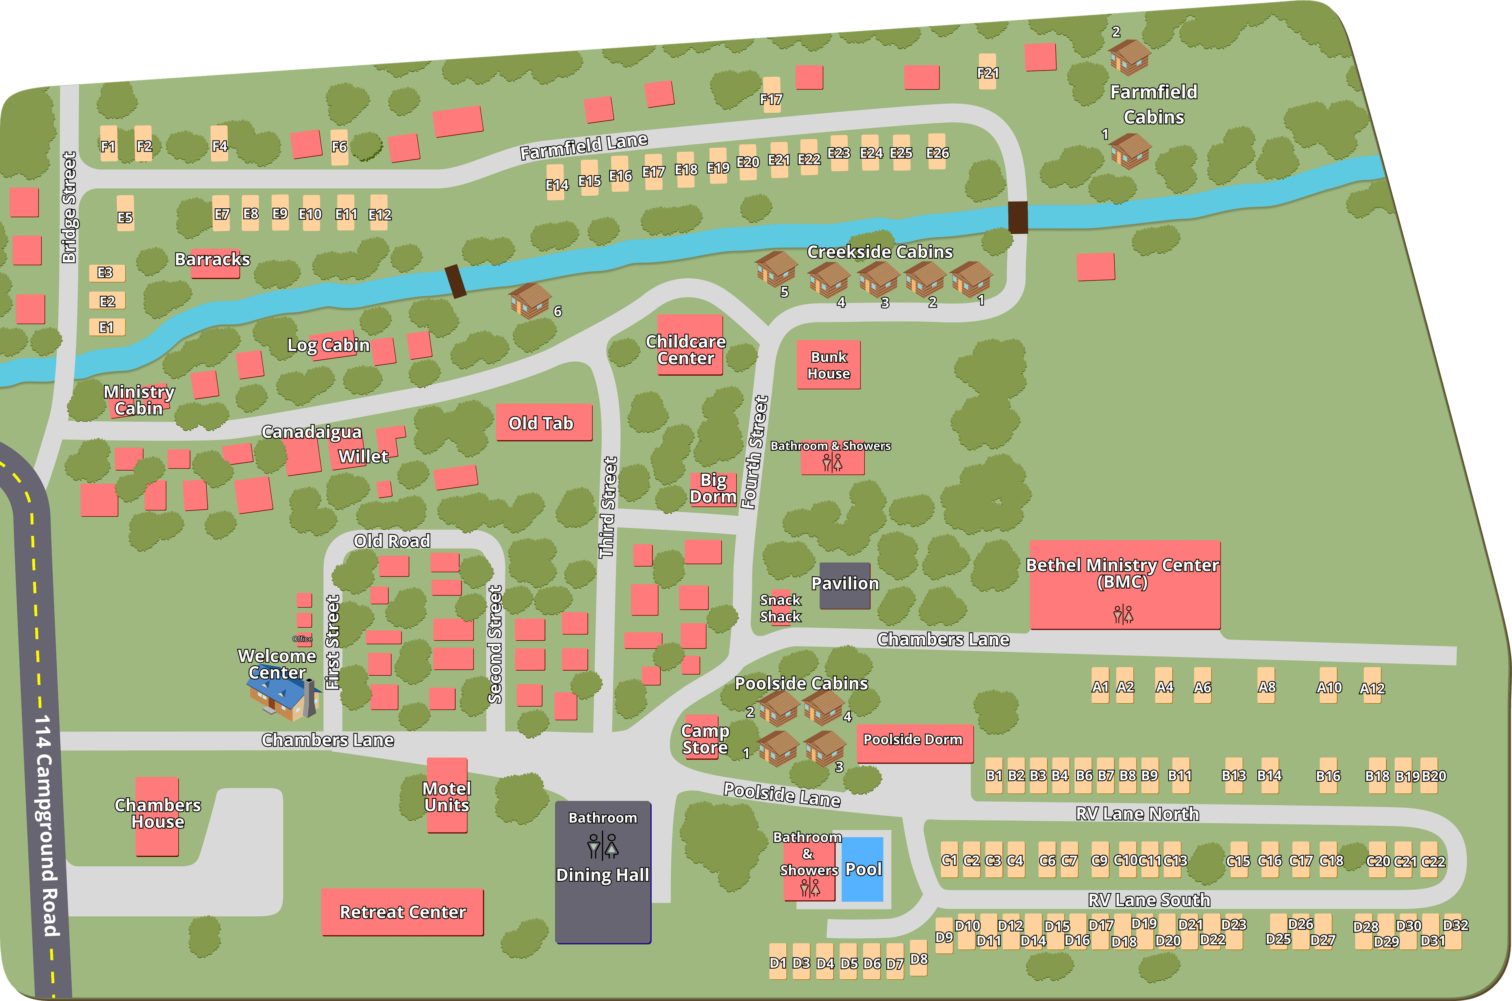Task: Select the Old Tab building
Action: click(x=544, y=422)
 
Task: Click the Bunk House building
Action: click(x=828, y=365)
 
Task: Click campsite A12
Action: click(x=1371, y=686)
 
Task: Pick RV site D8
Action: click(x=919, y=958)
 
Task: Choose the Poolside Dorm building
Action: click(x=914, y=742)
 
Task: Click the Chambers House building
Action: click(x=157, y=816)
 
